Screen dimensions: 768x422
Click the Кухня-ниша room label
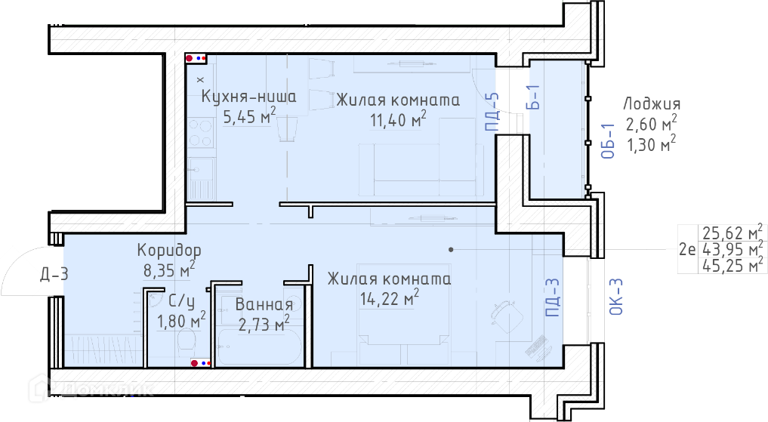[248, 97]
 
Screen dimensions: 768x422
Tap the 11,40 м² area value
[398, 119]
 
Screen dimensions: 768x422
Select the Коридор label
[169, 250]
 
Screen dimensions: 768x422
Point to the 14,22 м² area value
[390, 297]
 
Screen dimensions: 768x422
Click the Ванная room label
[264, 304]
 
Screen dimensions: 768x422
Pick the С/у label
[180, 300]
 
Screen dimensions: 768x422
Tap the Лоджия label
[652, 103]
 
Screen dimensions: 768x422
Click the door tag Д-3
[54, 274]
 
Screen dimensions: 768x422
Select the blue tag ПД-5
[492, 112]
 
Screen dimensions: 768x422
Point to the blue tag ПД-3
[552, 297]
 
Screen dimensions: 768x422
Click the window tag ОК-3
[616, 296]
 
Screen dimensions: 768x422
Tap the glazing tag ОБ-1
[608, 141]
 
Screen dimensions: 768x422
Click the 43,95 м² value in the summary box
[733, 248]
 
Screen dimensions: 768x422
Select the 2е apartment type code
[687, 250]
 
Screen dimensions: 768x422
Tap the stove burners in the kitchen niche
[201, 133]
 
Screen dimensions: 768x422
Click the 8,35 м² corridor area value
[169, 270]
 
